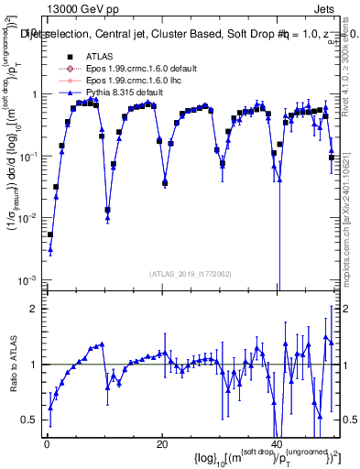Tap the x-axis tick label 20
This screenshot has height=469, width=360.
[x=161, y=445]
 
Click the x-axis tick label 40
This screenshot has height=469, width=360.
[x=278, y=445]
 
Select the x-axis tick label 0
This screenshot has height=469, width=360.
[x=46, y=445]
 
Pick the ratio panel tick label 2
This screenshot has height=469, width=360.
[x=34, y=309]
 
